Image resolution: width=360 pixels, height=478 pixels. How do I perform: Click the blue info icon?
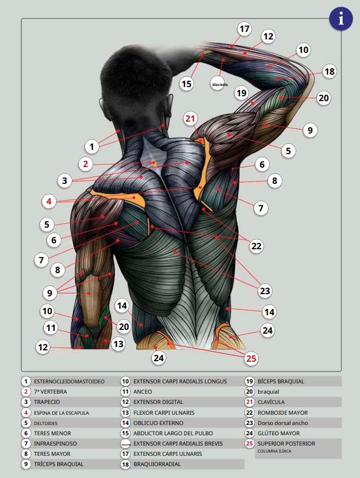click(x=341, y=18)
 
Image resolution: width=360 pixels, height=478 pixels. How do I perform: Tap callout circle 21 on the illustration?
click(x=190, y=118)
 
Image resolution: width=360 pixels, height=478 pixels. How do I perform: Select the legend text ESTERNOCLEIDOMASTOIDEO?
click(x=69, y=381)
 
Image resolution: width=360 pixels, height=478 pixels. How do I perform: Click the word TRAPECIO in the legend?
click(x=47, y=402)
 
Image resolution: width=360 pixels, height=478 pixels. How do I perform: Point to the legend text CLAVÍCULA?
click(x=271, y=402)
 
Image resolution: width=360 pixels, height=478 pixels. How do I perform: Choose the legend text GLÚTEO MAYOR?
click(x=278, y=433)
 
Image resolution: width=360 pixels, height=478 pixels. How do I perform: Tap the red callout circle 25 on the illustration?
click(x=251, y=358)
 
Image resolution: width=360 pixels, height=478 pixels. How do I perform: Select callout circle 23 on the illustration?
click(x=264, y=290)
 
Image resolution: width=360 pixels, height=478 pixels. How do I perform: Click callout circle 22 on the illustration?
click(x=256, y=246)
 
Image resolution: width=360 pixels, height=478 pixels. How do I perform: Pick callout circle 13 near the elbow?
click(x=118, y=344)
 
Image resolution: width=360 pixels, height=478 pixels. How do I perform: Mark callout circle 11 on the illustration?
click(x=51, y=328)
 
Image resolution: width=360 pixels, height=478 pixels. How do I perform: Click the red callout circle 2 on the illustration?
click(x=85, y=164)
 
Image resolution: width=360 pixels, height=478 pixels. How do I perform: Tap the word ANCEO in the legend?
click(x=143, y=391)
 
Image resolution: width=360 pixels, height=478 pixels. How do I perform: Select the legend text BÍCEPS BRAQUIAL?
click(x=281, y=381)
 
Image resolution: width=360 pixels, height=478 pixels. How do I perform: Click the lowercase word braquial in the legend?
click(x=268, y=391)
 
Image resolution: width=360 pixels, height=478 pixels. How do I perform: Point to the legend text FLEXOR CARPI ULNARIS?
click(x=164, y=413)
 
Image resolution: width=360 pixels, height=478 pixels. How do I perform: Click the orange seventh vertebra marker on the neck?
click(x=154, y=162)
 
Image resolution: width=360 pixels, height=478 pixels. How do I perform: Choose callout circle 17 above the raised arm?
click(x=244, y=29)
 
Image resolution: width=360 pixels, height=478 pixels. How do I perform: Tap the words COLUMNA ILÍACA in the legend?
click(x=275, y=451)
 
